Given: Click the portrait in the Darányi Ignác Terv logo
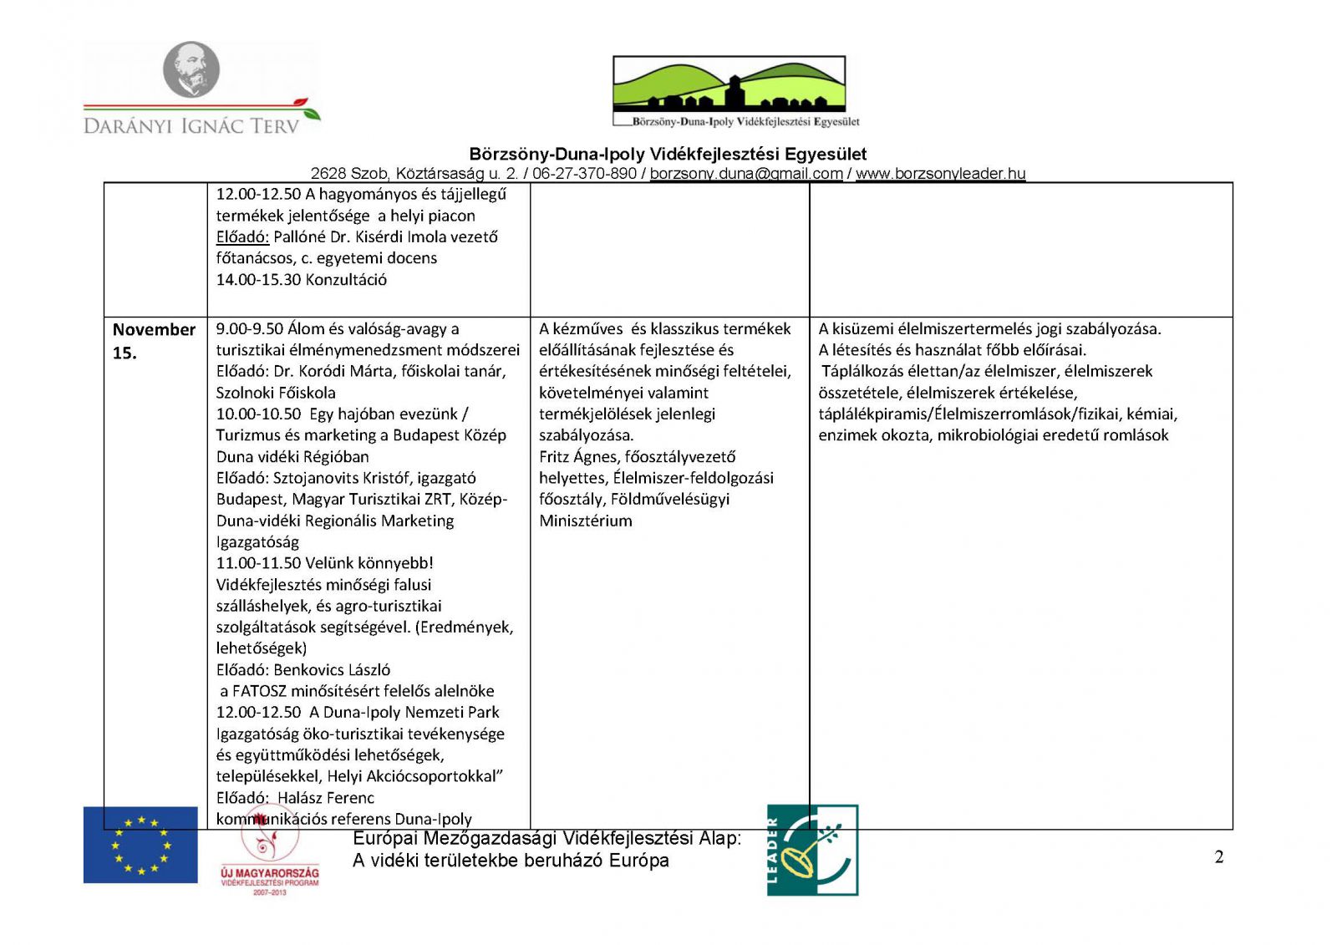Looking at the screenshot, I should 191,69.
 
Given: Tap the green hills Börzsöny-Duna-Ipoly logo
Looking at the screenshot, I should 730,84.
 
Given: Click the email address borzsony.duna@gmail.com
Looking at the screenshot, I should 746,174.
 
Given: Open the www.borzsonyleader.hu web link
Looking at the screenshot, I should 940,174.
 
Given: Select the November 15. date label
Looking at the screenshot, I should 153,341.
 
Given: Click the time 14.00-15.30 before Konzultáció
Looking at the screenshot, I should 258,280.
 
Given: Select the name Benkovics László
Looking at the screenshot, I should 332,670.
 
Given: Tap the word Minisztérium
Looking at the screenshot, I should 586,521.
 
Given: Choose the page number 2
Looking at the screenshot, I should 1218,857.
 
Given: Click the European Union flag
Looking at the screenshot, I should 140,844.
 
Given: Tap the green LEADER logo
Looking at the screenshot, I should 812,850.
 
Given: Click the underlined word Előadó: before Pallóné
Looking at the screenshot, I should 242,236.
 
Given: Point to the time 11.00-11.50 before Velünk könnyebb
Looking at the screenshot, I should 258,563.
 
